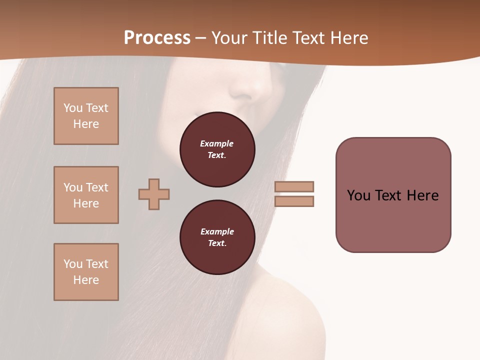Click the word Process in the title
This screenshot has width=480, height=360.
[x=157, y=38]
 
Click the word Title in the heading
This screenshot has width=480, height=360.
[x=268, y=38]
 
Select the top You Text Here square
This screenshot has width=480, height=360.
[x=86, y=116]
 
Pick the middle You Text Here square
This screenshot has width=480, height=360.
[x=86, y=195]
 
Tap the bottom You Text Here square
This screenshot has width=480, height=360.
[x=86, y=272]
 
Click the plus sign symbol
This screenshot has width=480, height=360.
[x=154, y=194]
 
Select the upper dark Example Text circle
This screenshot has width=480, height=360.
[x=217, y=149]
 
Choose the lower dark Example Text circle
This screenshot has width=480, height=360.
[x=217, y=237]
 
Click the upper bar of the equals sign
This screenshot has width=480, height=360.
[x=294, y=186]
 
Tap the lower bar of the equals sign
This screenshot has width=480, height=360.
[x=294, y=201]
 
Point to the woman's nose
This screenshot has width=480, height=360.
[x=248, y=90]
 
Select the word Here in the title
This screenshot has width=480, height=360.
[x=349, y=38]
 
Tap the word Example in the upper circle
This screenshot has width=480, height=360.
[x=217, y=143]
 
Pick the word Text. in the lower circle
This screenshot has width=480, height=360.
[x=217, y=243]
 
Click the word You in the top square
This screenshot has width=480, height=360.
[x=73, y=108]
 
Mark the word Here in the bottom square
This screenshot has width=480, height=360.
[x=86, y=280]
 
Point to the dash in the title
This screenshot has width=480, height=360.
[x=201, y=38]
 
